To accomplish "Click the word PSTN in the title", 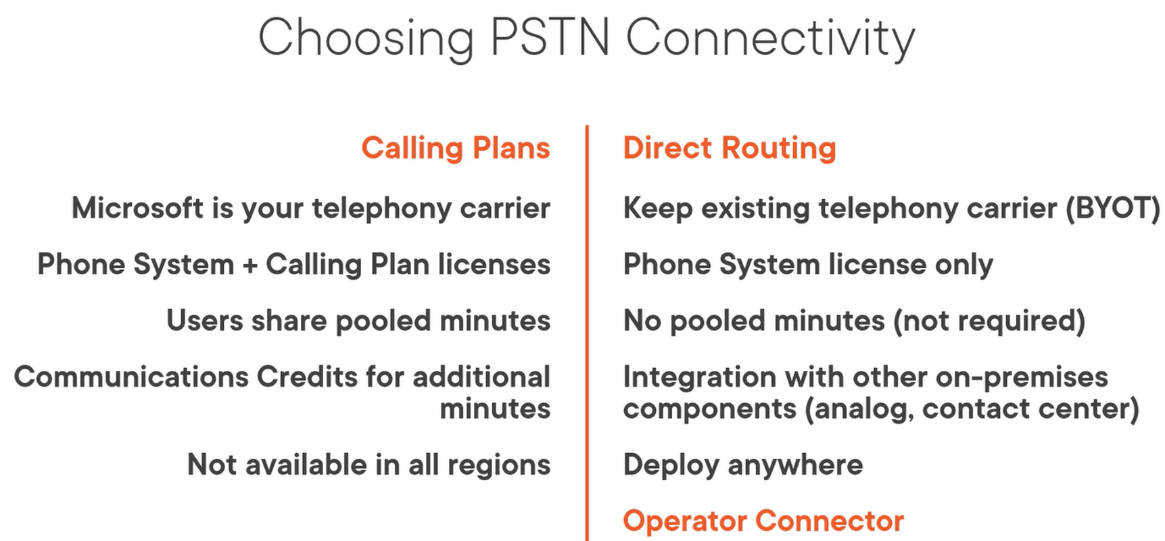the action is coord(550,37).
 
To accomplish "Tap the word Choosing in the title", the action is coord(366,40).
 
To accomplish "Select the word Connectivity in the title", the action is coord(770,40).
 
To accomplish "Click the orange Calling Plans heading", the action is coord(456,148).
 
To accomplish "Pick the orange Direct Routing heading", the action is coord(730,148).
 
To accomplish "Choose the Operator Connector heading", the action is coord(763,521).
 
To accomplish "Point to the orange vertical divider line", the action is coord(587,333).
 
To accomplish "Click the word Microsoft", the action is coord(137,207).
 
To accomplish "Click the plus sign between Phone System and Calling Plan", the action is coord(250,265).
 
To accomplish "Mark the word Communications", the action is coord(131,377).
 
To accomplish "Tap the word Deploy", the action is coord(671,465).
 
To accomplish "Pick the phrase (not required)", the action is coord(989,321).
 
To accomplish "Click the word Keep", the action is coord(658,208).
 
